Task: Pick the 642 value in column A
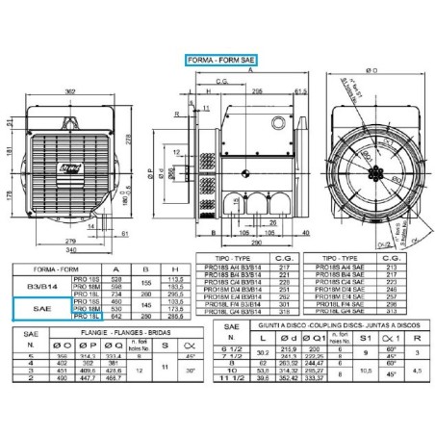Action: pos(117,315)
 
